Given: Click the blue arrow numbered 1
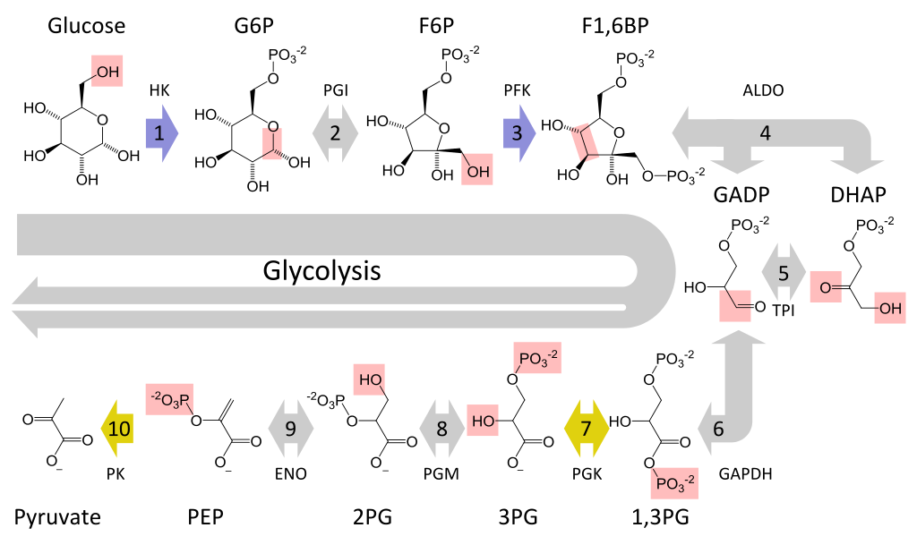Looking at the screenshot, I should pos(161,133).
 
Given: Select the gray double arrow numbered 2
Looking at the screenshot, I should pos(335,133).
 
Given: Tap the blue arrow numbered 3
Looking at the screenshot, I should pos(518,133).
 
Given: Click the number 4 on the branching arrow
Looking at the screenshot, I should pos(765,133).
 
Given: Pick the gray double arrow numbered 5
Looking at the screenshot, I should pos(784,272).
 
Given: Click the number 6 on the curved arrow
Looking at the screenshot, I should pos(717,429).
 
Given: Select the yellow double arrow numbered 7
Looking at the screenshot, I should pos(587,429).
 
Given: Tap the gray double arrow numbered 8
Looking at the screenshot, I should pos(441,429).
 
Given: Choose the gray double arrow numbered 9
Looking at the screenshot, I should pos(290,429).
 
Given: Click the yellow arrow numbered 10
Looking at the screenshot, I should pos(118,429).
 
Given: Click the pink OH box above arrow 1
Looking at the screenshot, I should pos(107,72).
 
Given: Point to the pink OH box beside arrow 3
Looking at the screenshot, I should pos(477,169).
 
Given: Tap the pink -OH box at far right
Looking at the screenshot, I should pos(889,308).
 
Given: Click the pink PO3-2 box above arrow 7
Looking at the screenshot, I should pos(537,358).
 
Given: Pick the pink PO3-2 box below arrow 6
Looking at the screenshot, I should pos(673,482).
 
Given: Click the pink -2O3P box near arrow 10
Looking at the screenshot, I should pos(169,399).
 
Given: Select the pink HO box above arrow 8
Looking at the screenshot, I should pos(369,379).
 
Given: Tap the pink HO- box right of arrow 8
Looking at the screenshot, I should pos(483,420).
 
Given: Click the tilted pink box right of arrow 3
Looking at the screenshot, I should pos(585,143).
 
